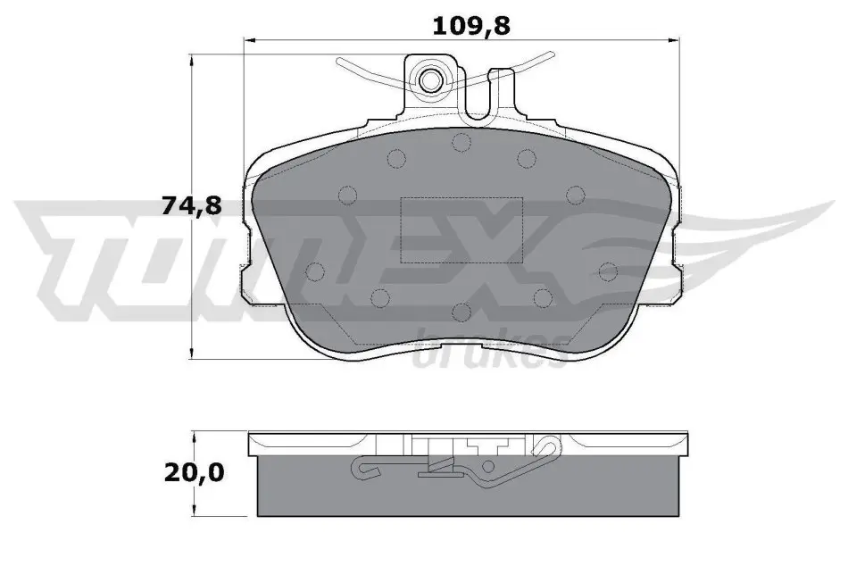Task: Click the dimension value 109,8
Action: (x=471, y=25)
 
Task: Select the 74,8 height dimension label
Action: (x=192, y=205)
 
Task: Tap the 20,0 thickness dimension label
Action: (x=194, y=473)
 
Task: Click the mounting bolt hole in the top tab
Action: (x=430, y=80)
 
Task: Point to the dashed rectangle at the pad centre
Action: (x=461, y=230)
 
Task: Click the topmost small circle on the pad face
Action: (x=461, y=142)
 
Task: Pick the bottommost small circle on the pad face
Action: (x=461, y=312)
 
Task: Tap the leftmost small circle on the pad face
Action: (x=315, y=271)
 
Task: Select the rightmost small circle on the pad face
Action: (x=609, y=271)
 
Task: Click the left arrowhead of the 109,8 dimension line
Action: (x=250, y=39)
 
